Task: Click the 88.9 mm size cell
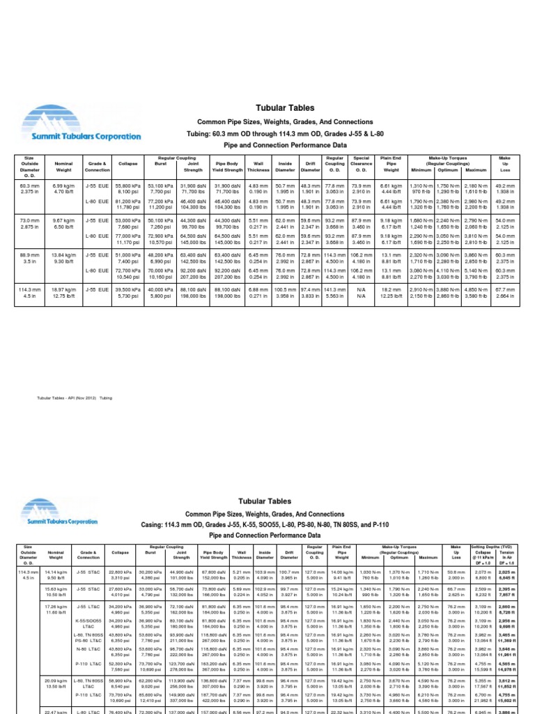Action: click(29, 259)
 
